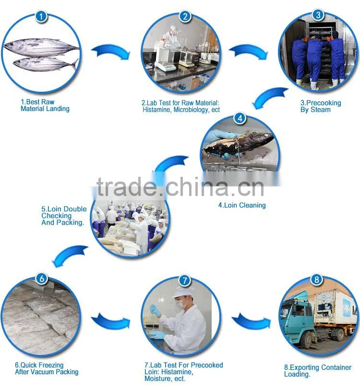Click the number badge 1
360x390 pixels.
pyautogui.click(x=41, y=16)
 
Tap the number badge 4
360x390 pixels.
pyautogui.click(x=240, y=118)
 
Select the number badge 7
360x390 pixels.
pyautogui.click(x=184, y=281)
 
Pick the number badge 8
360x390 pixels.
pyautogui.click(x=316, y=280)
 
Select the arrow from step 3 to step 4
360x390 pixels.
pyautogui.click(x=268, y=97)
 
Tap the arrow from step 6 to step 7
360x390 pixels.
pyautogui.click(x=110, y=321)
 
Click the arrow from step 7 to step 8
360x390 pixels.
pyautogui.click(x=251, y=321)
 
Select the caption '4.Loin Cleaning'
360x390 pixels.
pyautogui.click(x=242, y=205)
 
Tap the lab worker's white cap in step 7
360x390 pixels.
pyautogui.click(x=183, y=292)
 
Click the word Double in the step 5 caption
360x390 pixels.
pyautogui.click(x=75, y=209)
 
